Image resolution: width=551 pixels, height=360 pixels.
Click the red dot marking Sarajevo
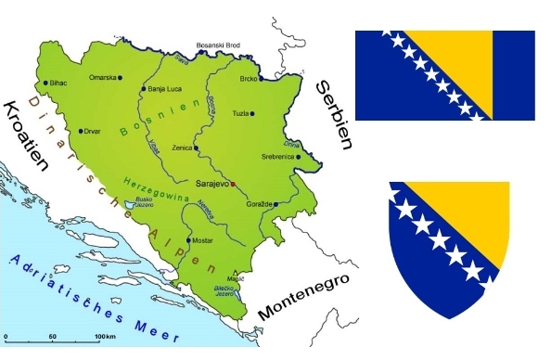233,185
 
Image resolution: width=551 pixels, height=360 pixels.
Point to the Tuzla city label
240,113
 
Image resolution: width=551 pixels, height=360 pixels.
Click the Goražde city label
260,204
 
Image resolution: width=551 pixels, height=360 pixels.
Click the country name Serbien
334,113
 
